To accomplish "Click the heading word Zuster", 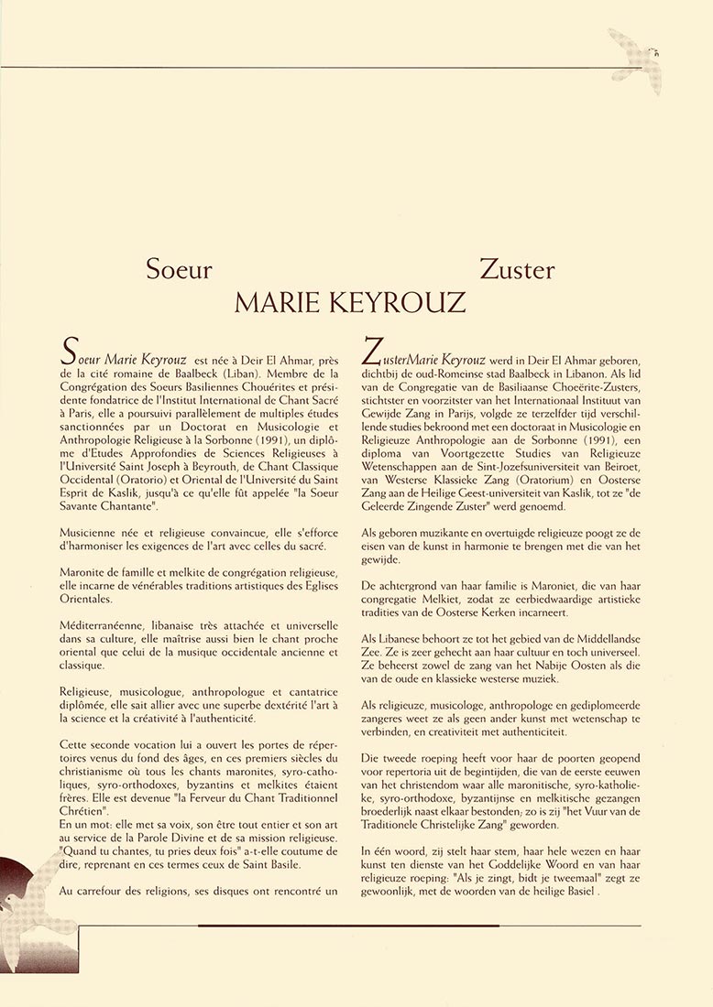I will point(517,270).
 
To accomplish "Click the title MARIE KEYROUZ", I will point(349,303).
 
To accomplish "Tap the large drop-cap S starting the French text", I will point(67,352).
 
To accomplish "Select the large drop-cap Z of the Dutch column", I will point(372,352).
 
